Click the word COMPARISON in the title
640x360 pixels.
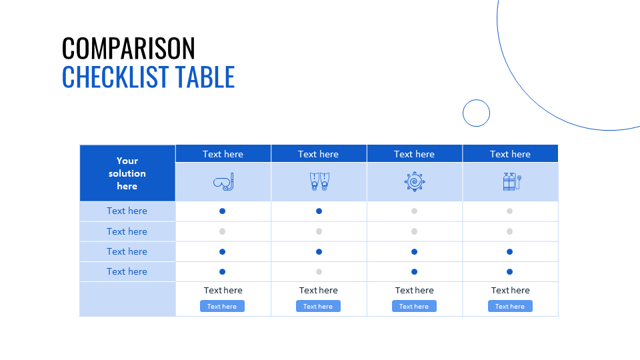pyautogui.click(x=129, y=49)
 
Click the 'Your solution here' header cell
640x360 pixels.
pyautogui.click(x=127, y=173)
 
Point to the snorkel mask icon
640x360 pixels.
pyautogui.click(x=223, y=182)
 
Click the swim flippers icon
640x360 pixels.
pyautogui.click(x=319, y=181)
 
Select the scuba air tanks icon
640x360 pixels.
pyautogui.click(x=510, y=181)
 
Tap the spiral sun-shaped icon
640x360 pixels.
pyautogui.click(x=414, y=181)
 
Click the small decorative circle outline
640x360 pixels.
pyautogui.click(x=476, y=113)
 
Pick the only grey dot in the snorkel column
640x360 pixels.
pyautogui.click(x=223, y=231)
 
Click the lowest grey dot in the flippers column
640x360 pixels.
pyautogui.click(x=319, y=271)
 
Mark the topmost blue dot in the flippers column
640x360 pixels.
pyautogui.click(x=319, y=211)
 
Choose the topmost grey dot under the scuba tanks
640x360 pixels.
pyautogui.click(x=509, y=211)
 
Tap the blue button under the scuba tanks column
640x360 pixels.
pyautogui.click(x=510, y=306)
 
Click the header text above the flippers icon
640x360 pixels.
pyautogui.click(x=319, y=154)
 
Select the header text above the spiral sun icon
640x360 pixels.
pyautogui.click(x=414, y=154)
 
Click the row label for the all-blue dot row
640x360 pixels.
pyautogui.click(x=127, y=251)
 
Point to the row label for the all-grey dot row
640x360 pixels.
pyautogui.click(x=127, y=231)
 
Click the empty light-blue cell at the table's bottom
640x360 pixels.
pyautogui.click(x=127, y=299)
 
